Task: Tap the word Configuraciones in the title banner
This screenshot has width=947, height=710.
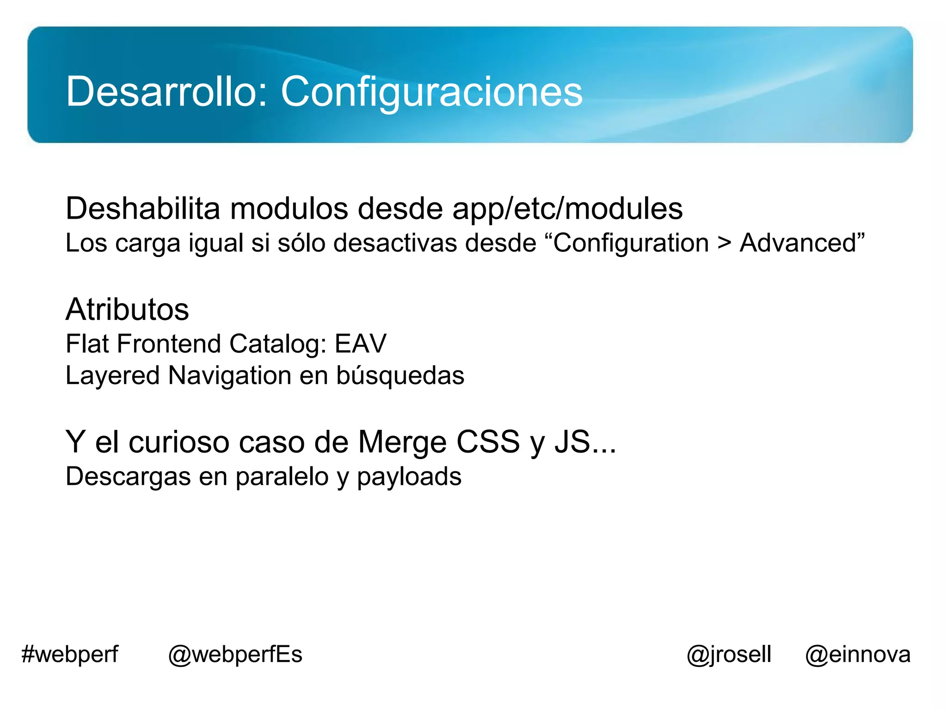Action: click(431, 92)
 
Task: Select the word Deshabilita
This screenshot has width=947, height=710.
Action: click(143, 208)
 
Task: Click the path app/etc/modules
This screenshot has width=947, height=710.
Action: click(567, 209)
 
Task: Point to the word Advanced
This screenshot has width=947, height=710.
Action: click(799, 243)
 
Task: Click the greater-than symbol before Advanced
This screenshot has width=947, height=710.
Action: click(724, 244)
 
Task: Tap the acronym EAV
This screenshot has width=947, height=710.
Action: click(360, 344)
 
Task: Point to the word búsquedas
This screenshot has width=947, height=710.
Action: click(400, 375)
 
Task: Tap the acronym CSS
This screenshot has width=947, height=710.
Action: click(488, 442)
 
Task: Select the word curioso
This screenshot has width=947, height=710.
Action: click(178, 442)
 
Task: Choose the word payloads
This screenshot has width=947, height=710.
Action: click(409, 477)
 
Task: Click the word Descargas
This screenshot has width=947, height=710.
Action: click(128, 477)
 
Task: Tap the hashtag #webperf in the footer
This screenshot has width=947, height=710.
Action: click(70, 655)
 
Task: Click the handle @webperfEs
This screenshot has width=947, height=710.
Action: click(235, 655)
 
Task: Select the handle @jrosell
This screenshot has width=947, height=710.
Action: click(729, 655)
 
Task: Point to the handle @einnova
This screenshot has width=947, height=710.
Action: click(858, 655)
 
